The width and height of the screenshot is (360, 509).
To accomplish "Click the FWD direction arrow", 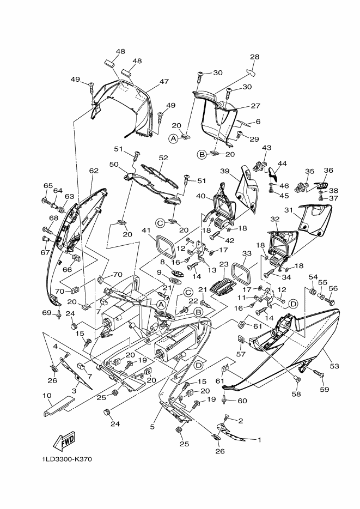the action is click(x=65, y=441).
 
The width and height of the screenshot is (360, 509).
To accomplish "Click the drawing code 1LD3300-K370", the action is click(x=67, y=459).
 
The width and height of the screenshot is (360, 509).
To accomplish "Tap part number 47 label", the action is click(x=164, y=82).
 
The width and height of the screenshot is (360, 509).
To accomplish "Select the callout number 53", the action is click(x=334, y=366).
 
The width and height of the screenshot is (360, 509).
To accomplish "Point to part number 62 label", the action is click(x=94, y=171).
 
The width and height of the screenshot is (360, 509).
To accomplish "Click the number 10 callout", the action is click(x=47, y=396).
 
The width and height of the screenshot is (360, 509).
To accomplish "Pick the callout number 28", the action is click(x=254, y=57).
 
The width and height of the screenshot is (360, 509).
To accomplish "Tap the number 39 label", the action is click(x=224, y=171).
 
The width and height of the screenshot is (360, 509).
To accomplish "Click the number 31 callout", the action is click(x=288, y=210).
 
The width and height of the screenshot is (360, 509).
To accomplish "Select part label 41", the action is click(x=147, y=231).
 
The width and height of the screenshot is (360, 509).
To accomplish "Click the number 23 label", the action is click(x=224, y=264).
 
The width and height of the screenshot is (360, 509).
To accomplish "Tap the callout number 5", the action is click(x=152, y=427).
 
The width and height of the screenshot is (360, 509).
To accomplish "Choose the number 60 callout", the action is click(x=242, y=401).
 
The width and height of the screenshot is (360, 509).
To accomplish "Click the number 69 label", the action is click(x=47, y=313).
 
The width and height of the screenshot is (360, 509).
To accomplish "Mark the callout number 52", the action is click(x=163, y=157).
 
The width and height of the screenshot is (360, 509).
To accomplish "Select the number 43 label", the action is click(x=266, y=148).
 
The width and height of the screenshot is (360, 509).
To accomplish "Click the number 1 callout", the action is click(x=259, y=440).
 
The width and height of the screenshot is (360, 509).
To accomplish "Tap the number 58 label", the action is click(x=296, y=394).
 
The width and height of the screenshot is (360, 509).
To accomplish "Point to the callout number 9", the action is click(x=159, y=272).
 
